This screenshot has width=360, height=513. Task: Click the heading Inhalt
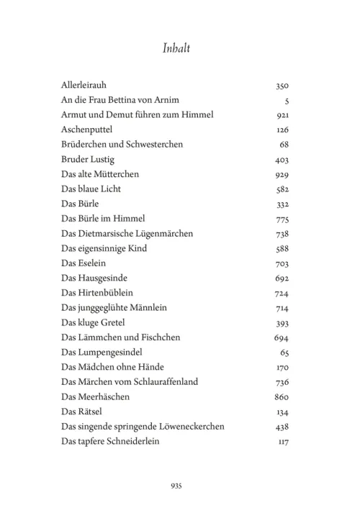tap(180, 48)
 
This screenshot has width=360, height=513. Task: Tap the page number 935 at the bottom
tap(179, 486)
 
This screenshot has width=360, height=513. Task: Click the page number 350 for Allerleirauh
tap(282, 85)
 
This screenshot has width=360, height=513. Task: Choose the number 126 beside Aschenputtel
tap(282, 130)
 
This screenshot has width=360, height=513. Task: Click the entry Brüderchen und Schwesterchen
tap(122, 144)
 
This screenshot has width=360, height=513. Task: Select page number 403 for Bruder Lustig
tap(282, 159)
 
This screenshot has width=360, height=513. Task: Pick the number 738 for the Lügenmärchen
tap(282, 234)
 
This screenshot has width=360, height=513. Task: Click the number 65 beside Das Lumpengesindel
tap(284, 353)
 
